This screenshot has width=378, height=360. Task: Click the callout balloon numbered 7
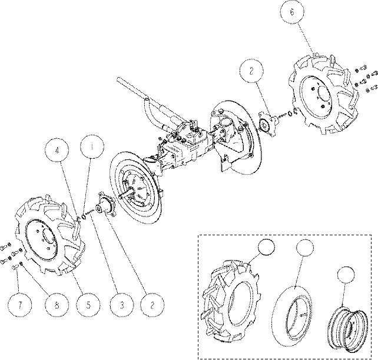pyautogui.click(x=20, y=305)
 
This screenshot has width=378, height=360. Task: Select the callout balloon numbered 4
pyautogui.click(x=57, y=150)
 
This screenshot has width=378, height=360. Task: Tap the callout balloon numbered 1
pyautogui.click(x=92, y=146)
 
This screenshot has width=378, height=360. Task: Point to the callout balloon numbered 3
pyautogui.click(x=122, y=305)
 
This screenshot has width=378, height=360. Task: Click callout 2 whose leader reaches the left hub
pyautogui.click(x=152, y=305)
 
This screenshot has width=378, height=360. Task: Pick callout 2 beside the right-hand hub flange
pyautogui.click(x=251, y=71)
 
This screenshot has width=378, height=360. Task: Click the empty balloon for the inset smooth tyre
pyautogui.click(x=305, y=247)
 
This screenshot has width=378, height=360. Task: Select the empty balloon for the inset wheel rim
pyautogui.click(x=346, y=275)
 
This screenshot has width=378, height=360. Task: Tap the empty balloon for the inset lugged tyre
pyautogui.click(x=266, y=247)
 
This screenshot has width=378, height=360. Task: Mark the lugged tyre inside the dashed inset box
pyautogui.click(x=231, y=300)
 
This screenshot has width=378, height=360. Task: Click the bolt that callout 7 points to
pyautogui.click(x=15, y=266)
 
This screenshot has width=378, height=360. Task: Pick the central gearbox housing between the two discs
pyautogui.click(x=185, y=147)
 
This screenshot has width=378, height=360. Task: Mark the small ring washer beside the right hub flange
pyautogui.click(x=290, y=113)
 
